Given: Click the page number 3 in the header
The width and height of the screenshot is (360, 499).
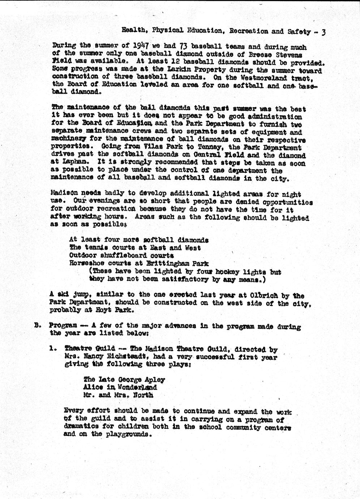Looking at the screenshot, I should pos(324,32).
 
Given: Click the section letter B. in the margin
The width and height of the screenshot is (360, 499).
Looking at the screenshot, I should pos(37,325).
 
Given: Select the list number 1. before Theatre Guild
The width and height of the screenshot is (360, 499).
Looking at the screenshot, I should pos(53,349).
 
